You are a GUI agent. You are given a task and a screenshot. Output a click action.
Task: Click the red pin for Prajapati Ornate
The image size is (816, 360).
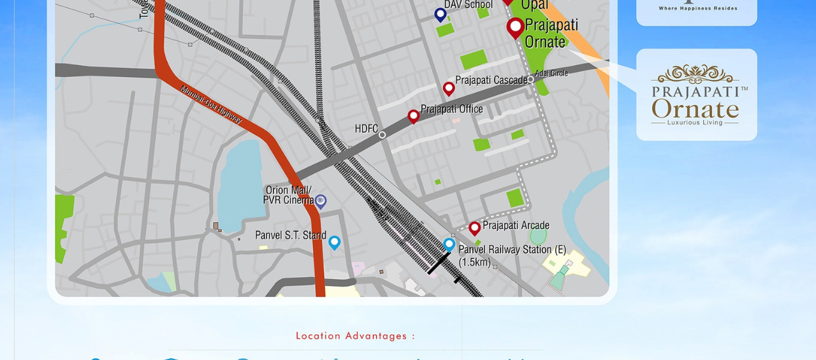coord(515,27)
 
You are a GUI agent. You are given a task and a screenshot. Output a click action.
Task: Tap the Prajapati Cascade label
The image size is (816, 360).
coord(491,81)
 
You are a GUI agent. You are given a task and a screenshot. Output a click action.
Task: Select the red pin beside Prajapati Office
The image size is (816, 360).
coord(413,116)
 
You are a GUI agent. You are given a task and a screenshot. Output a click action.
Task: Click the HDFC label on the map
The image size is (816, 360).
coord(366,129)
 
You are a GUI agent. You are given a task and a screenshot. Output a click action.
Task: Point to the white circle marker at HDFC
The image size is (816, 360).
coord(382,135)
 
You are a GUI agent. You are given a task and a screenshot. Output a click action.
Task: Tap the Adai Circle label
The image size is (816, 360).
coord(551,73)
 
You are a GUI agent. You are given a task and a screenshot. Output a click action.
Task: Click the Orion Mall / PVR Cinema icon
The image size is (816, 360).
coord(321,201)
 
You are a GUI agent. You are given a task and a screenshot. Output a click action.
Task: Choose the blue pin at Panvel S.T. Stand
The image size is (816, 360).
coord(334,242)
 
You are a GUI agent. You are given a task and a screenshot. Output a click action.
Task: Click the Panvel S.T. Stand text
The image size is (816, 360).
coord(291,235)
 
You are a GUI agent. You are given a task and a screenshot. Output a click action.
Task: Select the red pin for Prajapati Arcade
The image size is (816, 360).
coord(474,227)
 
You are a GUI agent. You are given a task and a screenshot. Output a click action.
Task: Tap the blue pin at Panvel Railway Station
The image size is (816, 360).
coord(449,244)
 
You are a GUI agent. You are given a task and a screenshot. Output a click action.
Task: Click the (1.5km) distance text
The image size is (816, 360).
coord(475,262)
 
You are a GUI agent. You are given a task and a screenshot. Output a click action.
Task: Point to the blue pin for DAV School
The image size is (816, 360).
coord(440,14)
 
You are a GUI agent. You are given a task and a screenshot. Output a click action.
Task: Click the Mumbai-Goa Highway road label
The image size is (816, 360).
coord(211,104)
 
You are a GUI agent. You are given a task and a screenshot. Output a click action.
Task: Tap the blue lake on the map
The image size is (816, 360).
coord(240,185)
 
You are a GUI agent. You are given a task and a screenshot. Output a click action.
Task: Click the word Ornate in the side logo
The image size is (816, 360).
coord(695,109)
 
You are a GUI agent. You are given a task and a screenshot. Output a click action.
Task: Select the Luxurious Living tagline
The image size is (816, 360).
coord(695,122)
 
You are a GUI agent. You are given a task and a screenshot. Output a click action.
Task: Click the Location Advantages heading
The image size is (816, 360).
coord(355,336)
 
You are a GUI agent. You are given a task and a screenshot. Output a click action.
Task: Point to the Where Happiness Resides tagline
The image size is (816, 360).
coord(697,8)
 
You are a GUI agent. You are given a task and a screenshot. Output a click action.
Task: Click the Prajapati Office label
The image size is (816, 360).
coord(451,109)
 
